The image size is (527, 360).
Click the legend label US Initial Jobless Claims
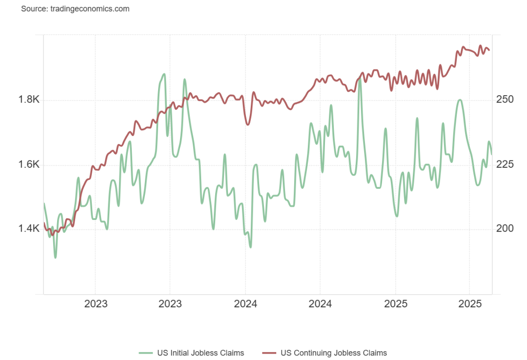tap(200, 353)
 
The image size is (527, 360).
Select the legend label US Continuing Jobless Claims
tap(334, 353)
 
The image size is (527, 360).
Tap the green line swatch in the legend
tap(146, 353)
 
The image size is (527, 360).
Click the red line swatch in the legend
tap(269, 353)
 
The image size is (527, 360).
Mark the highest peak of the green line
tap(163, 74)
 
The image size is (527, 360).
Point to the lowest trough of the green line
tap(55, 258)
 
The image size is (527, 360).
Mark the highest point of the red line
tap(480, 46)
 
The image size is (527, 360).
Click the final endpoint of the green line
tap(491, 154)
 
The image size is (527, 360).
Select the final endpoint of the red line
tap(489, 50)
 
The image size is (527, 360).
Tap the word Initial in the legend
tap(179, 353)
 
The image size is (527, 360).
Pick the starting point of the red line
tap(44, 223)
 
